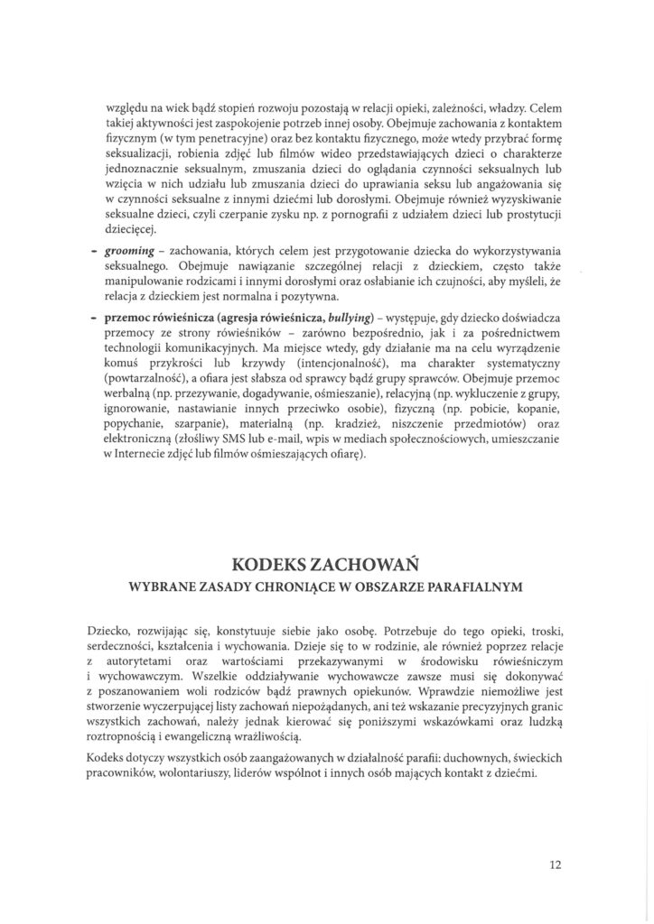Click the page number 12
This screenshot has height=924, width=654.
pyautogui.click(x=556, y=864)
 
